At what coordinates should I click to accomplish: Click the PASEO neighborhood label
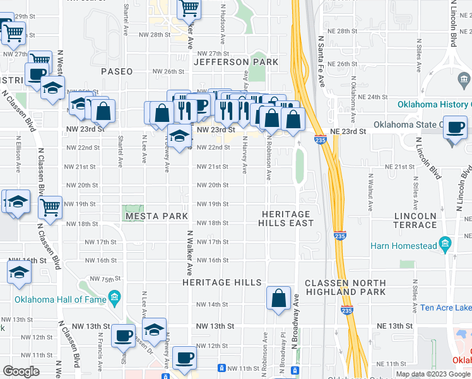[x=117, y=71]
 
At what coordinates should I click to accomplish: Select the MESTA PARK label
[x=156, y=216]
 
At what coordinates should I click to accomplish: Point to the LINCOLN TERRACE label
[x=415, y=220]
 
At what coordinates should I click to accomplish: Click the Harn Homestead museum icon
[x=445, y=244]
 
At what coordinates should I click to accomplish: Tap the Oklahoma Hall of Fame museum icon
[x=114, y=297]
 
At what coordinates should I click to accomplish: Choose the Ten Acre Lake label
[x=445, y=308]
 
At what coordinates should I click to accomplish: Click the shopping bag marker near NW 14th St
[x=278, y=298]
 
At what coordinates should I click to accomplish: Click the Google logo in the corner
[x=21, y=371]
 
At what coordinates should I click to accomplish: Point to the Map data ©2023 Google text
[x=433, y=374]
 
